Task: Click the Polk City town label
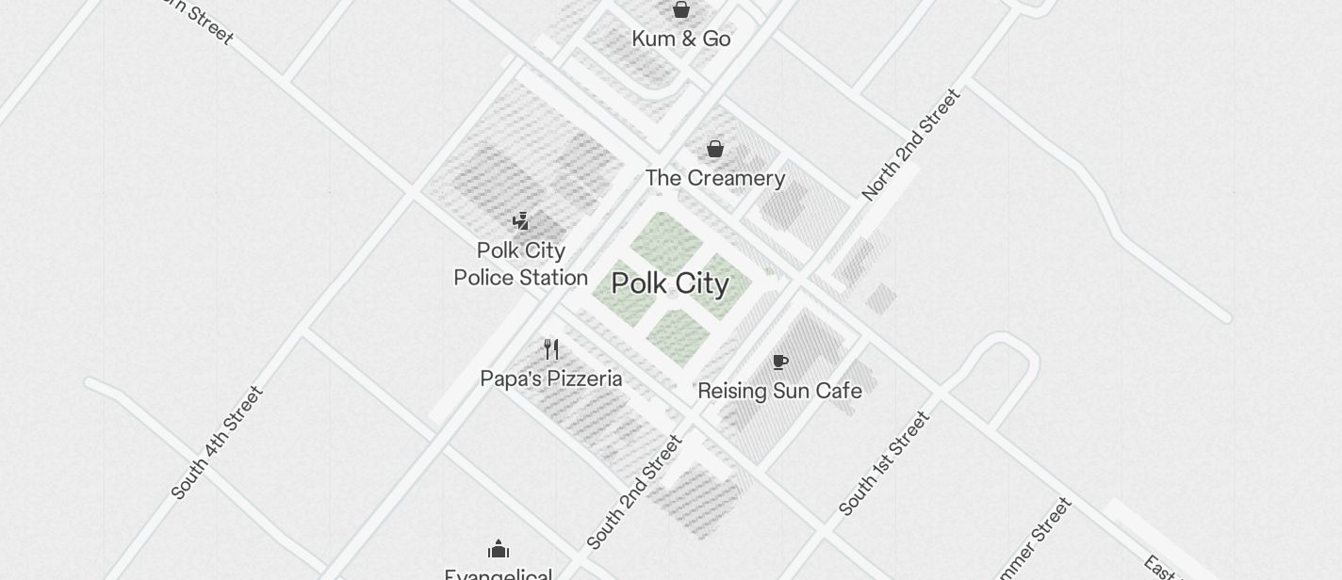click(670, 283)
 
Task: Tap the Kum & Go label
click(681, 39)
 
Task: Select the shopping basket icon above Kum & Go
click(681, 10)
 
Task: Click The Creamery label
click(715, 178)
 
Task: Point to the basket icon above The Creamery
click(715, 149)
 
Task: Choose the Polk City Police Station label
click(521, 264)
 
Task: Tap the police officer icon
click(520, 221)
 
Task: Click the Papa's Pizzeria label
click(551, 379)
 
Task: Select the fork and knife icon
click(551, 349)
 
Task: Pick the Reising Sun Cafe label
click(780, 391)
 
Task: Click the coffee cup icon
click(780, 362)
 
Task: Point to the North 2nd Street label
click(911, 144)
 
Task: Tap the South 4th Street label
click(218, 443)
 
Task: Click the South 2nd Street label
click(634, 491)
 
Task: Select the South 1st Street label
click(884, 463)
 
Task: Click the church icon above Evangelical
click(499, 549)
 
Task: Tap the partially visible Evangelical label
click(499, 573)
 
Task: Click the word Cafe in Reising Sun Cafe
click(841, 391)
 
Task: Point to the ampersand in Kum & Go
click(682, 39)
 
